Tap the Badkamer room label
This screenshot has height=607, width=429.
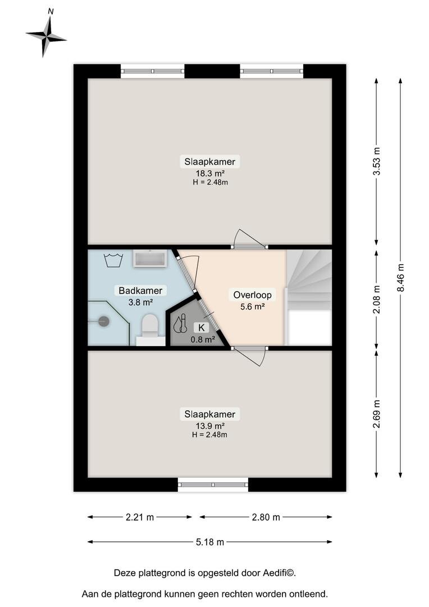140,291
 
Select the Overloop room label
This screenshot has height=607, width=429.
252,295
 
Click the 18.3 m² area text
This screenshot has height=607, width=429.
210,174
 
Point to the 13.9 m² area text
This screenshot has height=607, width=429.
210,426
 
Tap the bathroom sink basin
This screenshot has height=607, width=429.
150,258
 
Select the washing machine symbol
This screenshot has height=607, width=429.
114,260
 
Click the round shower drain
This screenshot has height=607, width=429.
103,321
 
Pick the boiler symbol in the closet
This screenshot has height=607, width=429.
180,324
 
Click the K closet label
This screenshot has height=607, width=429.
202,328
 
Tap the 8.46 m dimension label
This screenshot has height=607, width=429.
401,278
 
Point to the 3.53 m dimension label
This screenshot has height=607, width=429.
376,161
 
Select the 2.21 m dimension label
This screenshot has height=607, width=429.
140,517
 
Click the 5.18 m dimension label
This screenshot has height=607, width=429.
210,542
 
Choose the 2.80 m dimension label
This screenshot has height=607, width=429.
266,517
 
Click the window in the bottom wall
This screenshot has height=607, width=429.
213,484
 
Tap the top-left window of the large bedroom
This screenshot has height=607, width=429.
152,71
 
